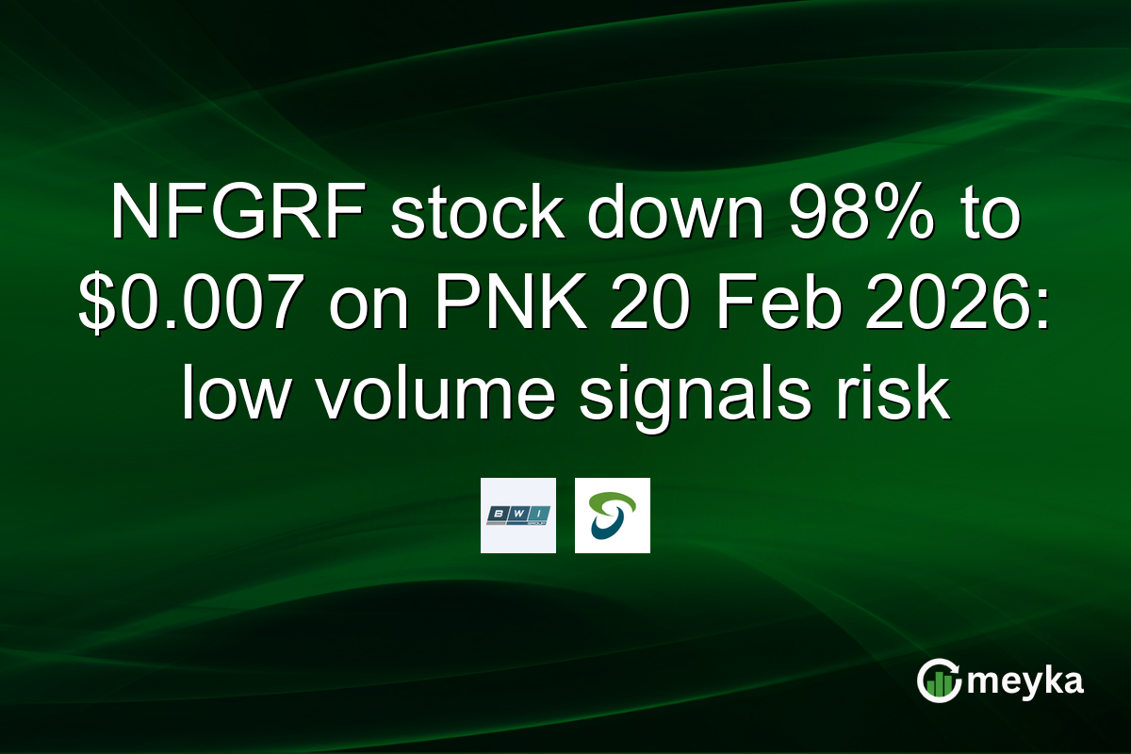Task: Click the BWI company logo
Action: pyautogui.click(x=517, y=515)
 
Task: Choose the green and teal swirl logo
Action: pyautogui.click(x=612, y=515)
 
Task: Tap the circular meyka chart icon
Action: pyautogui.click(x=939, y=680)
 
